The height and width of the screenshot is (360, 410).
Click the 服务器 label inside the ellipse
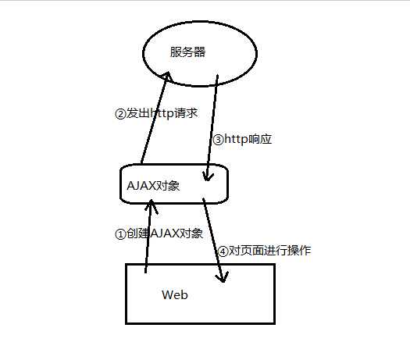[x=188, y=52]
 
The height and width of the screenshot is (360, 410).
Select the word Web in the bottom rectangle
[x=174, y=295]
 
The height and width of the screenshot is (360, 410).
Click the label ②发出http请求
[x=156, y=113]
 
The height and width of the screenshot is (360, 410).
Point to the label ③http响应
[x=242, y=139]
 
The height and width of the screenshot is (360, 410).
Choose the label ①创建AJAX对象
[x=159, y=233]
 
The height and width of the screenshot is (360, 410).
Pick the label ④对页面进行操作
[x=264, y=251]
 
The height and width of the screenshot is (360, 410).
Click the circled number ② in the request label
[x=119, y=113]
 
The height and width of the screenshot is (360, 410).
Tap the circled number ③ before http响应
[x=218, y=139]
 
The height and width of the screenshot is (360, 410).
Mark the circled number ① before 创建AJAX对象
[x=119, y=233]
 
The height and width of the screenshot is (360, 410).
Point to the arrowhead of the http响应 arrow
[x=207, y=176]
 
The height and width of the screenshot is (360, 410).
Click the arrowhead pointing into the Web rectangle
[x=223, y=278]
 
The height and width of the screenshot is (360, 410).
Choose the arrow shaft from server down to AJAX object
[x=212, y=125]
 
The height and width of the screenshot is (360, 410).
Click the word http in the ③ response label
[x=237, y=139]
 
